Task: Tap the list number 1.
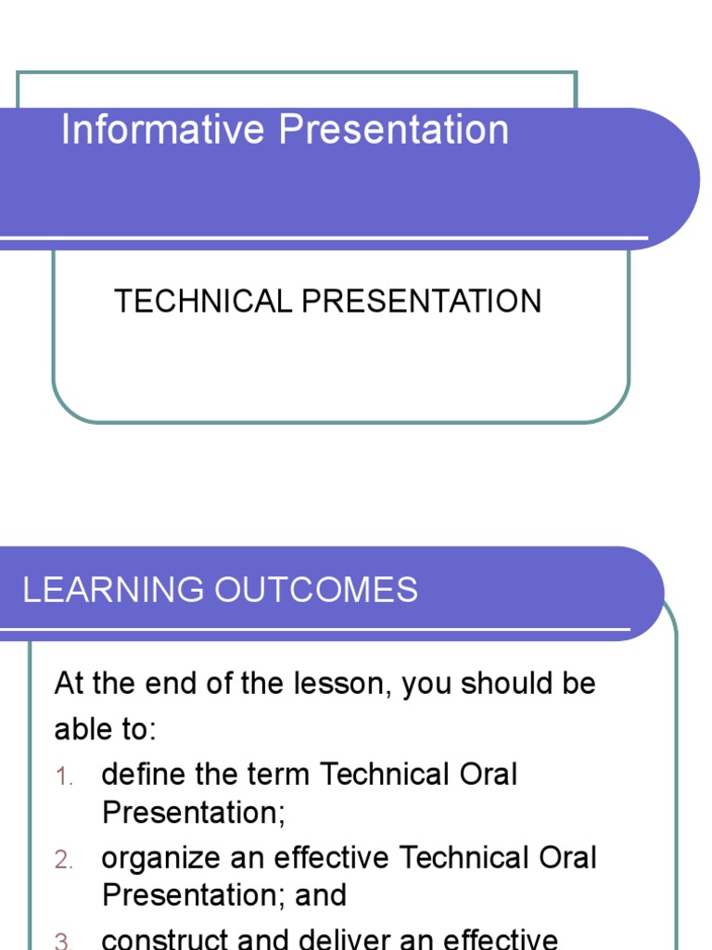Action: click(x=63, y=777)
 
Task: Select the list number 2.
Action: click(x=63, y=861)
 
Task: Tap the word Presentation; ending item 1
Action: click(x=194, y=813)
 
